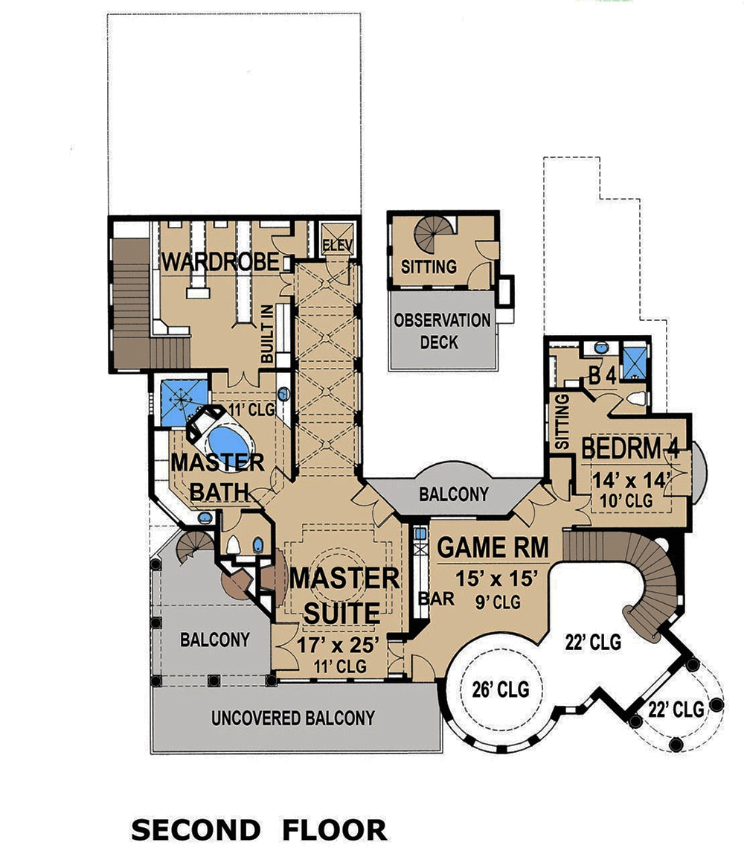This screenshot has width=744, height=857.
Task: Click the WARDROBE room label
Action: coord(220,262)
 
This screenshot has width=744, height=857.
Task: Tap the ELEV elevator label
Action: coord(337,245)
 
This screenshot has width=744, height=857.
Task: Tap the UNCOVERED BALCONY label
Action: coord(292,719)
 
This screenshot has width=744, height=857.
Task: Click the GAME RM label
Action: coord(493,547)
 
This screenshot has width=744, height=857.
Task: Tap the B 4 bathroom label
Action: coord(603,376)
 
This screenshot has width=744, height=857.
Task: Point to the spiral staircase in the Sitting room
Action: coord(431,232)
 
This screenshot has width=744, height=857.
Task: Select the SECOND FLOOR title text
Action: coord(259,829)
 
